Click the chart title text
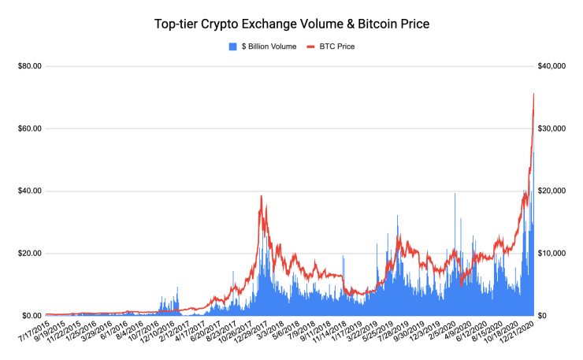point(292,24)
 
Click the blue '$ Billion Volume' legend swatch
point(232,46)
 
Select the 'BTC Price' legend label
point(336,46)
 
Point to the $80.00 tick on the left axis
point(30,66)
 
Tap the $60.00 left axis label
point(30,128)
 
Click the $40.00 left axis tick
point(30,191)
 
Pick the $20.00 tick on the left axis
point(30,253)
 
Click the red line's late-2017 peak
point(260,196)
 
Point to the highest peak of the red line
point(533,94)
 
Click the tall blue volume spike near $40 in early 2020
point(455,194)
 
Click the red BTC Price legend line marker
point(310,46)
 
